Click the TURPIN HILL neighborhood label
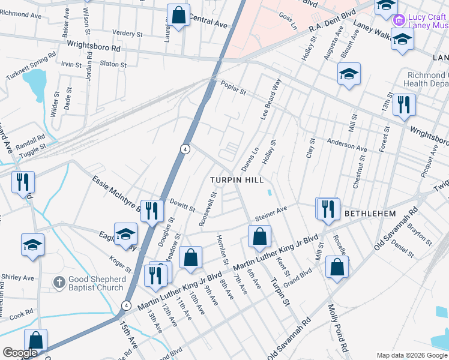236,180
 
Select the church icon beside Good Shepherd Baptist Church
59,281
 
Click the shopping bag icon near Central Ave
179,15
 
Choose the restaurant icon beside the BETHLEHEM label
328,209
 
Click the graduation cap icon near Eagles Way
126,233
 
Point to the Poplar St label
234,88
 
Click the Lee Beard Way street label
270,100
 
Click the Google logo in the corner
20,353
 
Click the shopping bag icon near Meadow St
190,257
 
